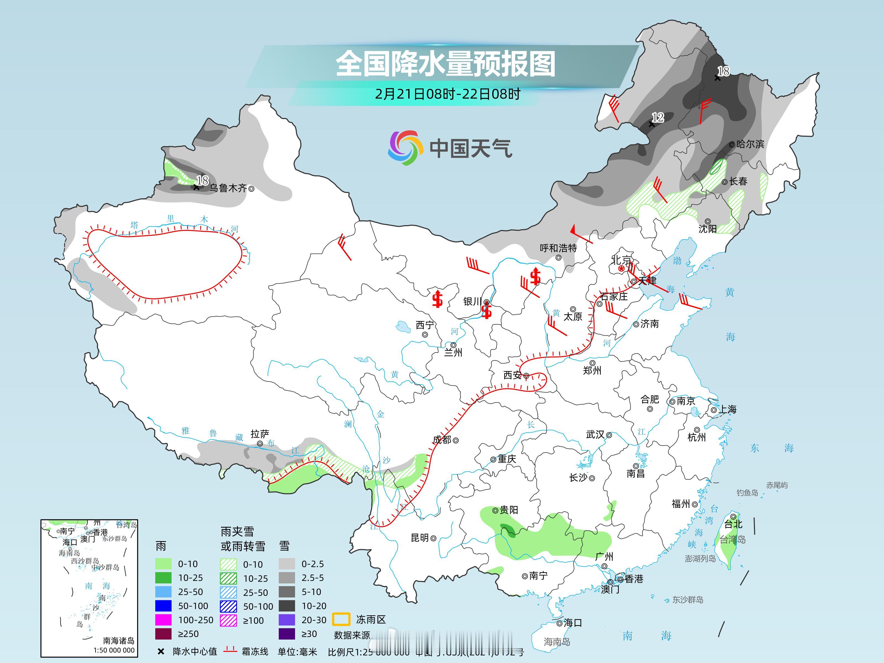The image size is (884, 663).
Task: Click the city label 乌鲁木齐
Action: pos(228,188)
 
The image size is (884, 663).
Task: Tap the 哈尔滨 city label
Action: pos(750,144)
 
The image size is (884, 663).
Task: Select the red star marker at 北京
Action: pos(621,268)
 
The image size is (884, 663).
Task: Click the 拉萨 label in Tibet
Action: pos(260,434)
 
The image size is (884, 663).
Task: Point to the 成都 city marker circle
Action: pos(456,440)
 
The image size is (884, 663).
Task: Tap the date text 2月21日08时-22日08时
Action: pos(448,94)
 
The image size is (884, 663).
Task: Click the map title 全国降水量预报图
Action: pos(446,64)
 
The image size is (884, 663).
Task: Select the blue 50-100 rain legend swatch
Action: pos(163,606)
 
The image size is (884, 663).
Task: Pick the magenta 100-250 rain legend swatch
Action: pos(163,620)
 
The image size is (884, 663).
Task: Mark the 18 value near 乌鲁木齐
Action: pos(202,181)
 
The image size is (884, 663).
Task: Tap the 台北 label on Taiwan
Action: pos(733,524)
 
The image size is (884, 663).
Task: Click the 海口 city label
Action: pos(572,623)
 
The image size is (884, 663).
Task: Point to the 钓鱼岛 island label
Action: pos(747,493)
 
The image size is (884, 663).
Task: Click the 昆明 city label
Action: pos(420,538)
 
